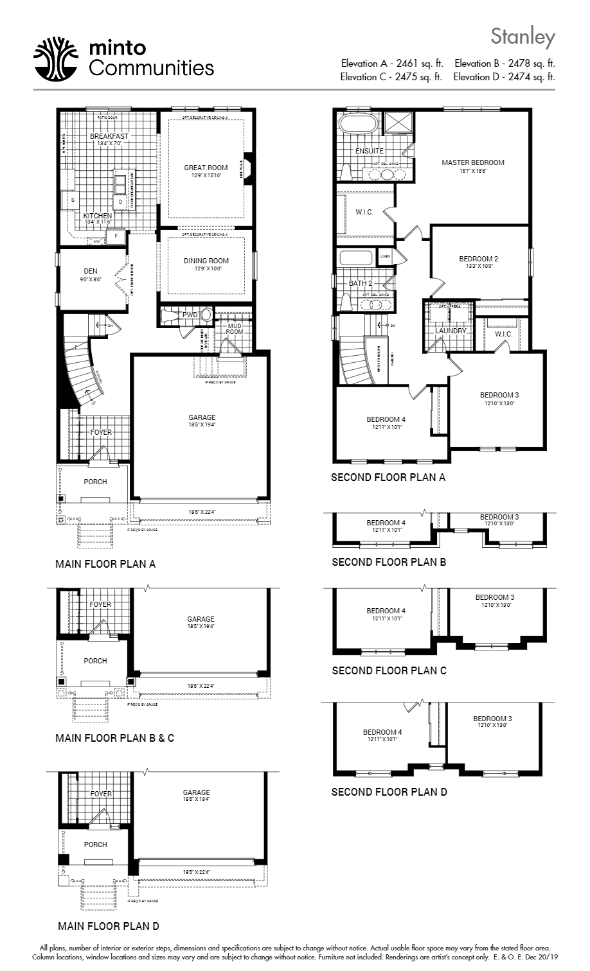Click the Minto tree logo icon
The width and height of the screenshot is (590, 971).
click(x=56, y=58)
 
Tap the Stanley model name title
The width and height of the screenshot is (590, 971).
click(x=522, y=37)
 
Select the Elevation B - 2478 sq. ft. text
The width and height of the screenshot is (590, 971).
click(x=505, y=64)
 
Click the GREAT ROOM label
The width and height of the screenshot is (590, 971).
click(x=206, y=168)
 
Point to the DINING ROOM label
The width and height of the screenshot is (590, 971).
click(x=206, y=261)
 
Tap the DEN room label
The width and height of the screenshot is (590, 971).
click(x=90, y=271)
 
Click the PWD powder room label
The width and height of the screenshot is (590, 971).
click(x=190, y=315)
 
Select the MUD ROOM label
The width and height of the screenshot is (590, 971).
click(x=234, y=329)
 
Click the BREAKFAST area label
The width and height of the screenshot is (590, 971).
click(x=109, y=136)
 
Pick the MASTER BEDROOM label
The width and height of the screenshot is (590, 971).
click(x=472, y=162)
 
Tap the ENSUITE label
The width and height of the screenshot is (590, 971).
click(x=369, y=151)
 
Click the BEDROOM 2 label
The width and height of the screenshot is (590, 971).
click(x=478, y=259)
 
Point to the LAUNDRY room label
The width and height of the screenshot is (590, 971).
click(x=451, y=331)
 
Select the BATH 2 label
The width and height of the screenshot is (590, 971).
click(x=361, y=283)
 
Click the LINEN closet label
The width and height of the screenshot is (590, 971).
click(x=385, y=256)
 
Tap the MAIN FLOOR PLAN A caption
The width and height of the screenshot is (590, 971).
click(x=105, y=564)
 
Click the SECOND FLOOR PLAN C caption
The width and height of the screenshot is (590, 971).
click(x=389, y=670)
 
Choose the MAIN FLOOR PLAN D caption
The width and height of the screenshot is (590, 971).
click(x=108, y=926)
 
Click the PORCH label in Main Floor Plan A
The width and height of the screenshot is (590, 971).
click(x=95, y=482)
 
